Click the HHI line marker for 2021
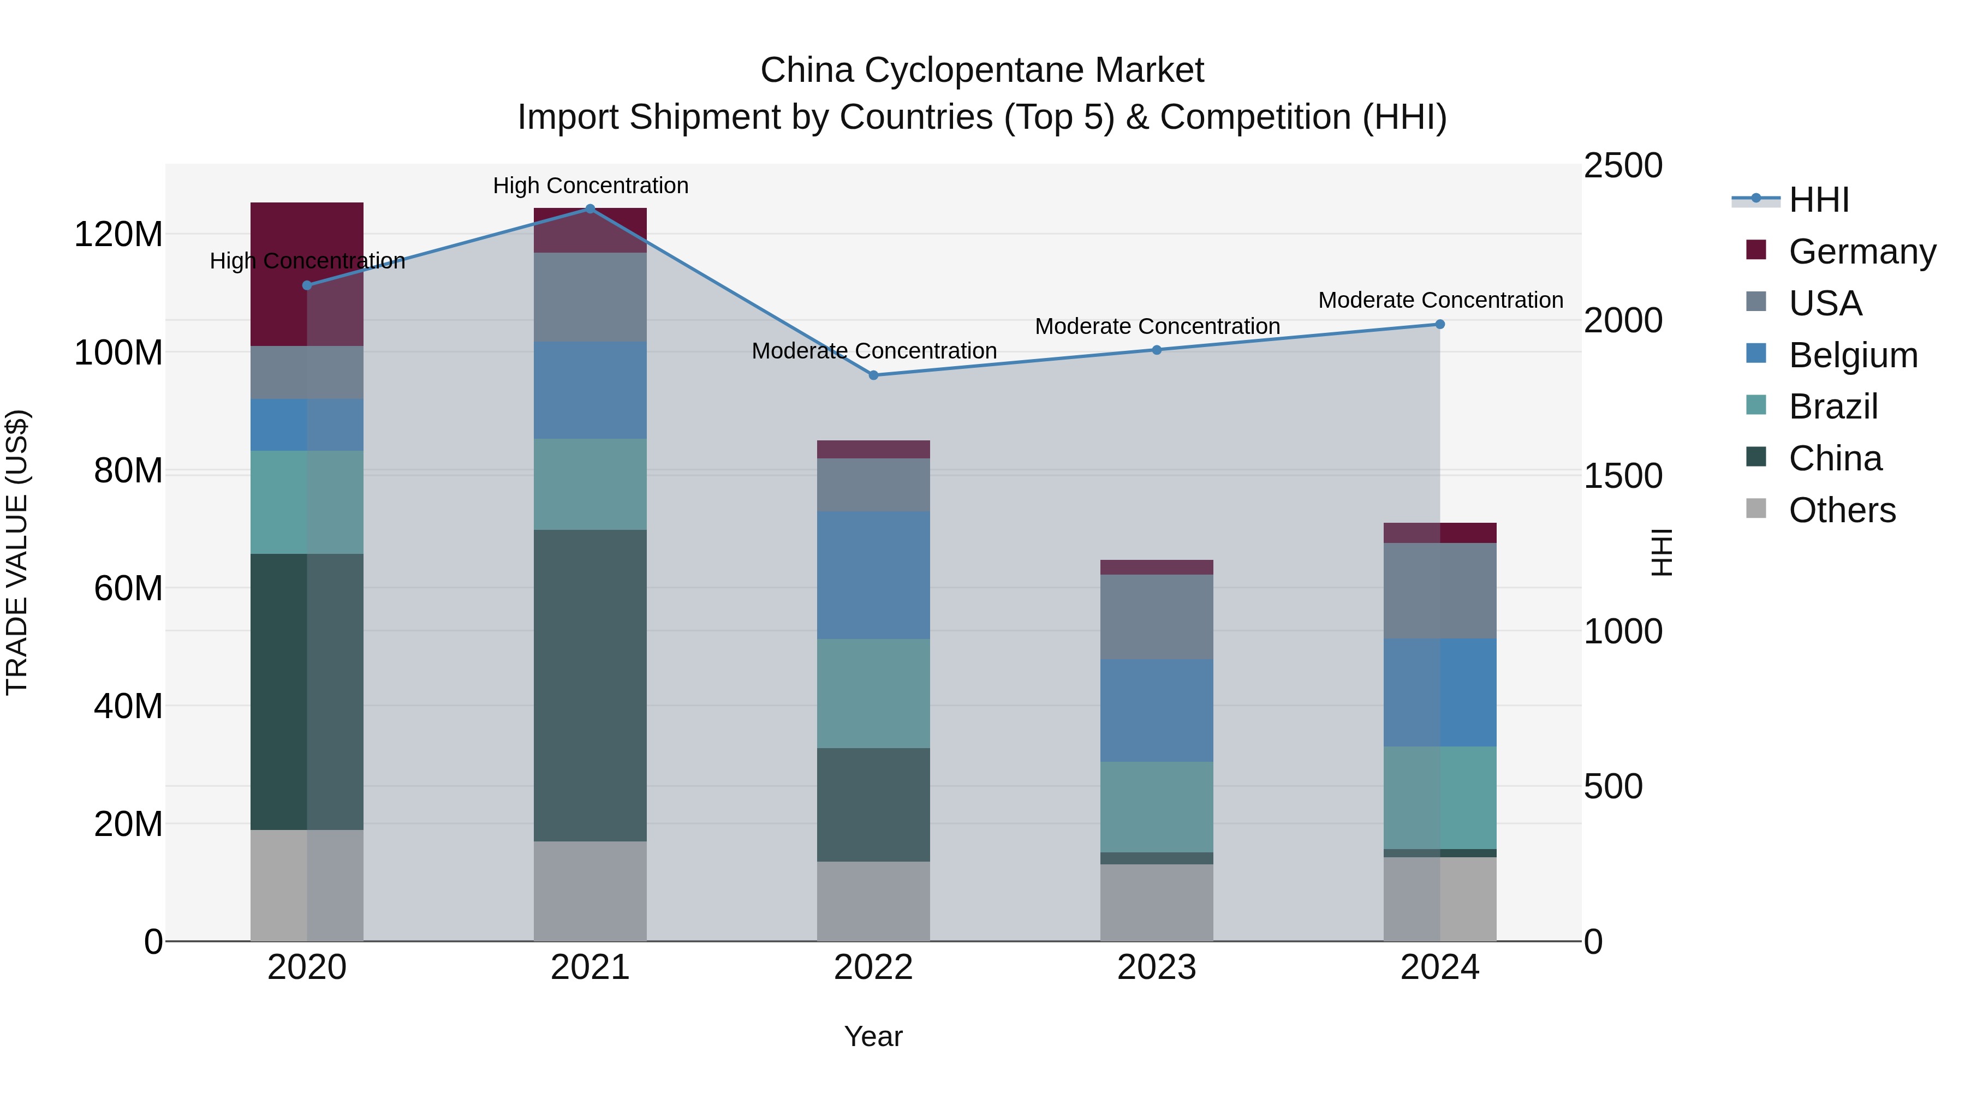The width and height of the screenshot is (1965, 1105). coord(589,209)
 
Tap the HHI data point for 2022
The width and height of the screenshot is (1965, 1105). coord(873,375)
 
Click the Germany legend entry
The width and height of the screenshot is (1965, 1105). coord(1861,252)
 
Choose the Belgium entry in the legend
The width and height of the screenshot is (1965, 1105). coord(1852,355)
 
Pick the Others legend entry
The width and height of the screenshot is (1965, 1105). coord(1842,510)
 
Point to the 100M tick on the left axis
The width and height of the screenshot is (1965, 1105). coord(118,353)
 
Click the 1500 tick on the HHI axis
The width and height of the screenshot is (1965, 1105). coord(1623,476)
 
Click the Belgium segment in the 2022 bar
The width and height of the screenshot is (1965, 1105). coord(873,575)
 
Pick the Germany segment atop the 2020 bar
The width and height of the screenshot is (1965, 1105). coord(307,274)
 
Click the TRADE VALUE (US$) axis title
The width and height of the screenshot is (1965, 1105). coord(17,552)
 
